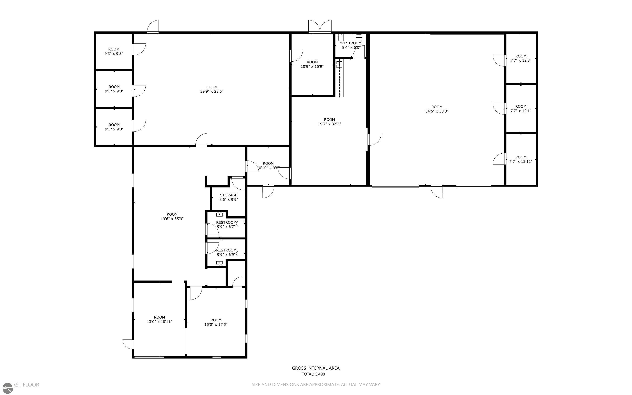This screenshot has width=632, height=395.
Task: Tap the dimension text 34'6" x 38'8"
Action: pos(437,111)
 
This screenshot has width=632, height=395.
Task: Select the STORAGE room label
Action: pos(228,195)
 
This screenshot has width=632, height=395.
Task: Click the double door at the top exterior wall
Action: pos(320,27)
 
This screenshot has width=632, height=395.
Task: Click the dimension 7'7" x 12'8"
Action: pos(521,60)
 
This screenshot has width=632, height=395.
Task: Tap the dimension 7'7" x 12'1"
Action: pos(521,111)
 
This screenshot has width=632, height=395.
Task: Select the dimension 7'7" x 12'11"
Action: pos(521,161)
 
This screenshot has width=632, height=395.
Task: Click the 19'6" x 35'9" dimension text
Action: pos(172,219)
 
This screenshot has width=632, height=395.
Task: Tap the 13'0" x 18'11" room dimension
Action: pos(159,322)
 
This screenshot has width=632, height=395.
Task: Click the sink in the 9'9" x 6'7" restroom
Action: pos(219,215)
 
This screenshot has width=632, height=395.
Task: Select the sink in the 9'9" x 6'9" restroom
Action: pos(219,263)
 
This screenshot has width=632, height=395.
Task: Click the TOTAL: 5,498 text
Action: pos(313,374)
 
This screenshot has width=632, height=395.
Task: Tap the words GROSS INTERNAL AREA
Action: pos(315,368)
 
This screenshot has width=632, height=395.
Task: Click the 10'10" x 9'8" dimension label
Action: pos(268,168)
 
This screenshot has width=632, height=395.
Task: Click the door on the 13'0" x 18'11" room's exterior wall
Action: pos(128,344)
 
